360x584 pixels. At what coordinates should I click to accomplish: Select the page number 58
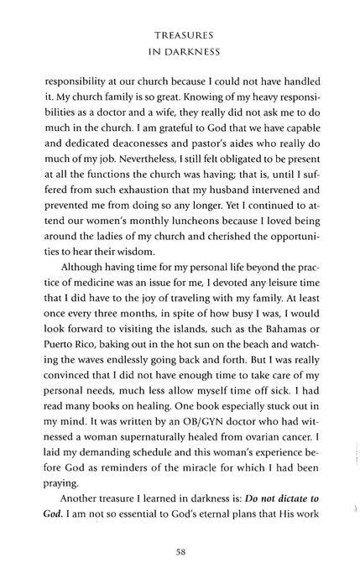point(180,552)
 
